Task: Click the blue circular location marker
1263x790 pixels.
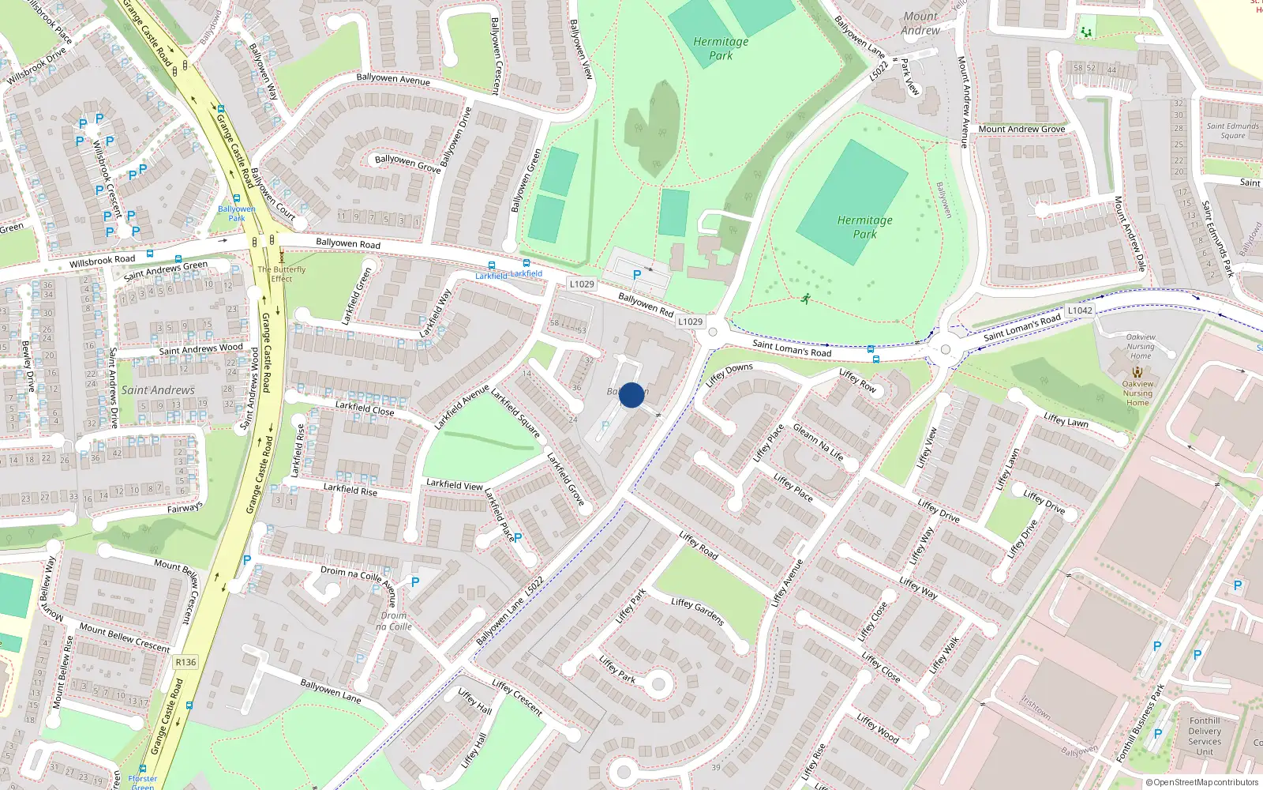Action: coord(631,395)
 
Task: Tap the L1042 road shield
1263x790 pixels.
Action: coord(1080,310)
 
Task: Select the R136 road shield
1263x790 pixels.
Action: coord(186,662)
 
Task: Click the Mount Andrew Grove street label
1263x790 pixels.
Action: coord(1021,129)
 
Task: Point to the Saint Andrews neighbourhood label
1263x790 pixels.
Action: coord(158,390)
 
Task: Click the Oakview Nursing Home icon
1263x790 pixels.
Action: coord(1137,371)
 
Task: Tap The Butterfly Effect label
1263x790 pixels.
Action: coord(282,274)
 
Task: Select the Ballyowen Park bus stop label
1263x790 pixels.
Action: coord(237,213)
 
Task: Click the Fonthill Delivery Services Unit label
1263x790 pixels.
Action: coord(1205,736)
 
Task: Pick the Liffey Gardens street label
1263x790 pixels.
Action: coord(698,611)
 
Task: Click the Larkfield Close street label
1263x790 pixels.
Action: coord(365,408)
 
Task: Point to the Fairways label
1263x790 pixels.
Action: coord(185,508)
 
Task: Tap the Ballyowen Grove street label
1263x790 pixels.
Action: coord(407,164)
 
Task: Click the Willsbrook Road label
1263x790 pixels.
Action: coord(103,260)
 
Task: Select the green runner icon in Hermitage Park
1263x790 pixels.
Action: coord(805,299)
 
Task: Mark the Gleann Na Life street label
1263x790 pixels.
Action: coord(819,442)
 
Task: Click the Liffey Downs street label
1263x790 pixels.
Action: coord(729,373)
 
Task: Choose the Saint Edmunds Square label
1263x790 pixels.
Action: coord(1232,130)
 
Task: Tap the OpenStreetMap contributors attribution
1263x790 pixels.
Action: coord(1201,782)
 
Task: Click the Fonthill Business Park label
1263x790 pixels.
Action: coord(1140,723)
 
